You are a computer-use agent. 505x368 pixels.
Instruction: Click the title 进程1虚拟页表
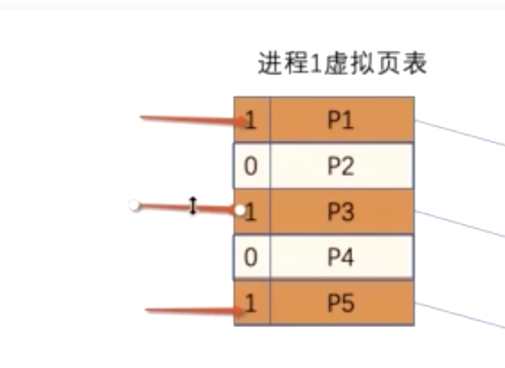click(342, 63)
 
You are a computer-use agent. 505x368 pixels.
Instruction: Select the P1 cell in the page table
click(341, 120)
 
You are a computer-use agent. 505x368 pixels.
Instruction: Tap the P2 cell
click(341, 166)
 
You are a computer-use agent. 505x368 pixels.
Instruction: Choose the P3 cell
click(341, 212)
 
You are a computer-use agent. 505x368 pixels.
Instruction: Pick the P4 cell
click(341, 258)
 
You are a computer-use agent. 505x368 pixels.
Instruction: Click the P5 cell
click(341, 303)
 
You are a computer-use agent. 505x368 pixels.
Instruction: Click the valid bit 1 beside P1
click(252, 120)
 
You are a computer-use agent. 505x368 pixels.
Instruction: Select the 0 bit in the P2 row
click(252, 166)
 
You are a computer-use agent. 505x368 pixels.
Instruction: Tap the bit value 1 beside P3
click(252, 212)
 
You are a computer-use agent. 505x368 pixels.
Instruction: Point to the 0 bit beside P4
click(252, 258)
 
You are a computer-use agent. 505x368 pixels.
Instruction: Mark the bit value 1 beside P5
click(252, 303)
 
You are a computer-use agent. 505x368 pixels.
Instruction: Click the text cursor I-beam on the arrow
click(193, 206)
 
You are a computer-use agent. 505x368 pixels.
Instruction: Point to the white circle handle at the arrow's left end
click(135, 206)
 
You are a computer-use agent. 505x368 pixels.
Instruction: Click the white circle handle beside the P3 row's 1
click(240, 210)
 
